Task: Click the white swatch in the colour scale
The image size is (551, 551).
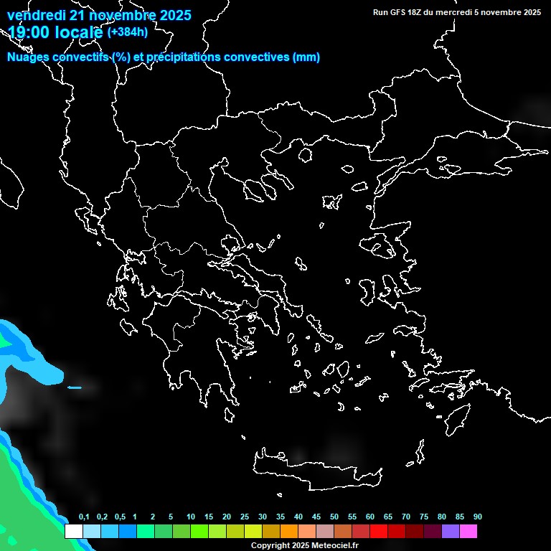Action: coord(73,532)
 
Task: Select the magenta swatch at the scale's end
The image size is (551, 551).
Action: coord(468,532)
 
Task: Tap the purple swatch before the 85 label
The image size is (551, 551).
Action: coord(451,532)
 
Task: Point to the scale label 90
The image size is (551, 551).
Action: coord(478,517)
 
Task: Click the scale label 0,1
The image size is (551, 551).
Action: coord(84,517)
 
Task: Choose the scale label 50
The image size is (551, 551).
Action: coord(334,517)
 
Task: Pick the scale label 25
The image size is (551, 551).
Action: coord(245,517)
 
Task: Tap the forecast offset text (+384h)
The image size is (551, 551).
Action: coord(128,32)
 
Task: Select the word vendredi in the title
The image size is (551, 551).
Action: coord(37,15)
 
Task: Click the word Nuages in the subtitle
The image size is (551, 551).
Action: coord(28,57)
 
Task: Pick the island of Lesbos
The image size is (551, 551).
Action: coord(381,248)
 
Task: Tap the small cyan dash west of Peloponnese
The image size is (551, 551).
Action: coord(75,388)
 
